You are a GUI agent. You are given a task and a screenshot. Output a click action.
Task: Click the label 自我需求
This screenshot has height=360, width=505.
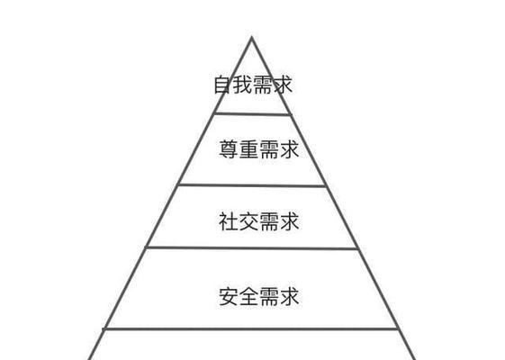click(x=253, y=85)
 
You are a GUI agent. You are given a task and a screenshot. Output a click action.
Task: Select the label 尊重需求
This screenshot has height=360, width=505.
click(x=259, y=149)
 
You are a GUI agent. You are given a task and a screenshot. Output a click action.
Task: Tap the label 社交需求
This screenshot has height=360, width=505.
click(x=259, y=221)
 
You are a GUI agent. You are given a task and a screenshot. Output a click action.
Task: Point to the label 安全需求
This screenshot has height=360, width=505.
click(x=259, y=296)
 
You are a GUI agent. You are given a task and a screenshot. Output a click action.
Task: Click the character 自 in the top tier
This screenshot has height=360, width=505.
click(x=223, y=85)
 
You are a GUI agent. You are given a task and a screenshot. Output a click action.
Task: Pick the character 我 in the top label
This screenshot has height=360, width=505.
click(x=243, y=85)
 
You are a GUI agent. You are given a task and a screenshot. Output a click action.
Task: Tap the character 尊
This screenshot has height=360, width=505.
click(x=229, y=149)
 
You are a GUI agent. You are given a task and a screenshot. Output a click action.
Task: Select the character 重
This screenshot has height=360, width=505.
click(x=248, y=149)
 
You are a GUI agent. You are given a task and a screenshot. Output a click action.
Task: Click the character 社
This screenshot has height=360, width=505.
click(x=229, y=221)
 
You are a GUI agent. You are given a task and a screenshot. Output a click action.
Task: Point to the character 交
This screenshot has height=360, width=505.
click(x=248, y=221)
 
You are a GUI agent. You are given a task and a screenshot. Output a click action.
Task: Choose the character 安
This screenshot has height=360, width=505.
click(x=229, y=296)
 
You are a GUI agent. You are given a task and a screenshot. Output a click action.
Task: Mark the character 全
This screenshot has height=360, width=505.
click(x=248, y=296)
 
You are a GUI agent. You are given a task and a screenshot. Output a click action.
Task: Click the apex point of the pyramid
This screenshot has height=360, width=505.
click(x=251, y=38)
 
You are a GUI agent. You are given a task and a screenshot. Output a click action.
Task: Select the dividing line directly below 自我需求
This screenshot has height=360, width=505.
click(x=253, y=113)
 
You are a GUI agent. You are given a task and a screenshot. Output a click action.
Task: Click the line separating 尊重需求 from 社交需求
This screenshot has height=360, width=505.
click(x=251, y=185)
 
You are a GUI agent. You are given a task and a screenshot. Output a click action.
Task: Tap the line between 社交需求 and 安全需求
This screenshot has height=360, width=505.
click(x=251, y=247)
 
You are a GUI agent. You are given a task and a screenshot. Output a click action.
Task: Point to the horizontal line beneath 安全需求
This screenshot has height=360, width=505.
click(x=250, y=328)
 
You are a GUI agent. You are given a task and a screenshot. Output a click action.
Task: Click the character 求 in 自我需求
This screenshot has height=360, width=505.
click(x=283, y=85)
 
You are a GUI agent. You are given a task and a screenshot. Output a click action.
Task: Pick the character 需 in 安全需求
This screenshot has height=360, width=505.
click(x=269, y=296)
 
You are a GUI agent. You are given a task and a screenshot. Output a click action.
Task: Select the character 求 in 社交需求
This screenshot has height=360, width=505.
click(x=289, y=221)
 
